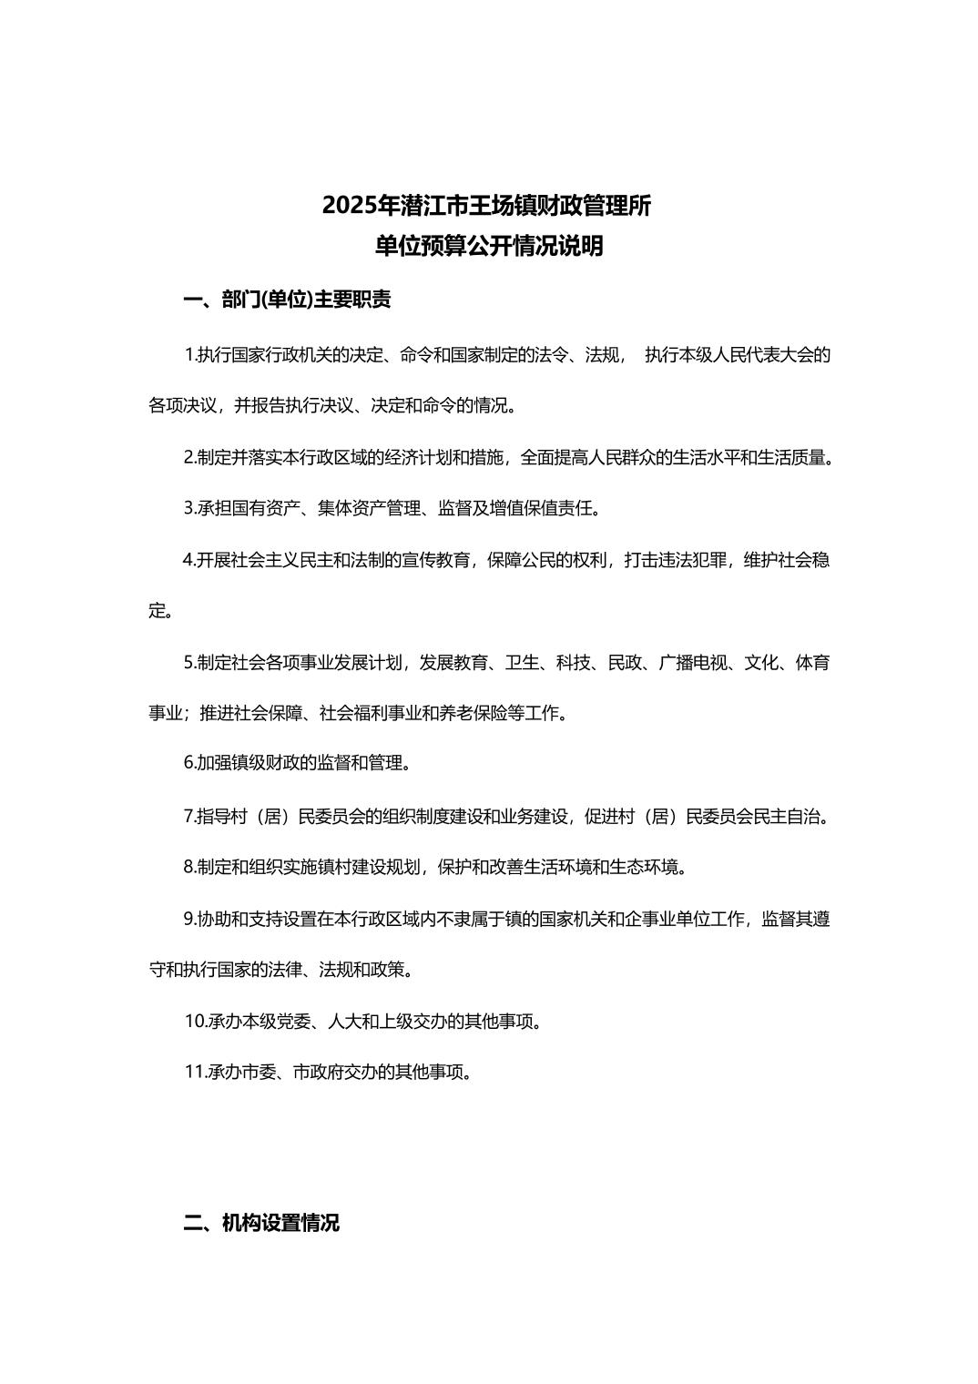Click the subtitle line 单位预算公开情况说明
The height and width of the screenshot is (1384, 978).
pos(489,247)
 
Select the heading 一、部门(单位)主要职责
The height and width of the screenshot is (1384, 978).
pos(287,300)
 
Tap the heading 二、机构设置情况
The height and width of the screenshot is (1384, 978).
pos(261,1223)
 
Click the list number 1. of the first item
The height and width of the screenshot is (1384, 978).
pos(190,355)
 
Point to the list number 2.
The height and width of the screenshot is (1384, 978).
pos(189,458)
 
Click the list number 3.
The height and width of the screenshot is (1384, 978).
pos(189,509)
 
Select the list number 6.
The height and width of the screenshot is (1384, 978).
pos(189,763)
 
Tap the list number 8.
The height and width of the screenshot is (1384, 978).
pos(189,867)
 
